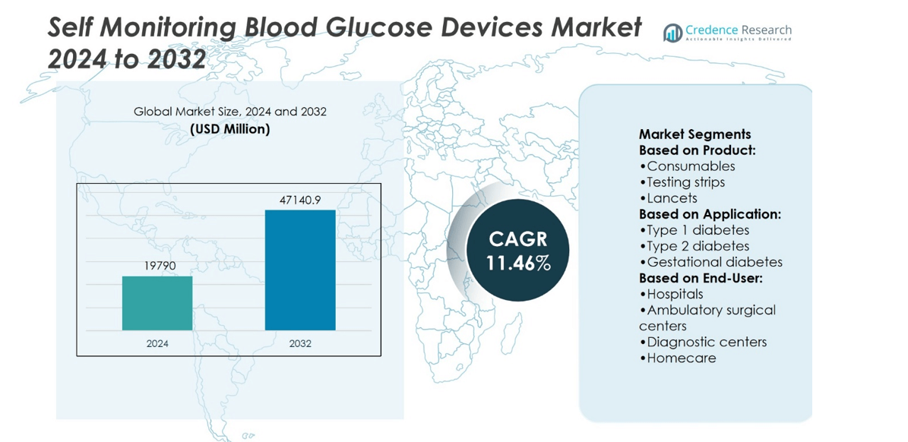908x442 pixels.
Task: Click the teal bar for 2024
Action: click(157, 303)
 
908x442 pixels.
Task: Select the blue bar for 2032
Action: click(300, 270)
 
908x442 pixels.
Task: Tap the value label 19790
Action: click(157, 267)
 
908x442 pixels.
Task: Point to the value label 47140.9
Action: click(300, 200)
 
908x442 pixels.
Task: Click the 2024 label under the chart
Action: click(157, 343)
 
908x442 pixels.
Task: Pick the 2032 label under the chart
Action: click(300, 343)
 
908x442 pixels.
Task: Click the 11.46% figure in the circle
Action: click(518, 263)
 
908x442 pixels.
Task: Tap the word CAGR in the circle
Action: click(518, 239)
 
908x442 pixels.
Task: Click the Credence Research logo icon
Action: click(672, 33)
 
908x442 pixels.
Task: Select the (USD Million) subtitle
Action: click(229, 129)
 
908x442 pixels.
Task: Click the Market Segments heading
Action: click(694, 134)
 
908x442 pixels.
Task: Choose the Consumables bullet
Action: click(688, 166)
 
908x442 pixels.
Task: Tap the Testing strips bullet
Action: click(682, 182)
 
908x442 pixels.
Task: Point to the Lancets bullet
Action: click(669, 198)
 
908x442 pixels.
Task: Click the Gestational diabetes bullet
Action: click(711, 262)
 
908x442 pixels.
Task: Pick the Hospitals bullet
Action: click(672, 294)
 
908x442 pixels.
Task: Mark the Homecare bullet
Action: click(678, 358)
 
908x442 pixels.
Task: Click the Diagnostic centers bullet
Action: click(703, 342)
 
